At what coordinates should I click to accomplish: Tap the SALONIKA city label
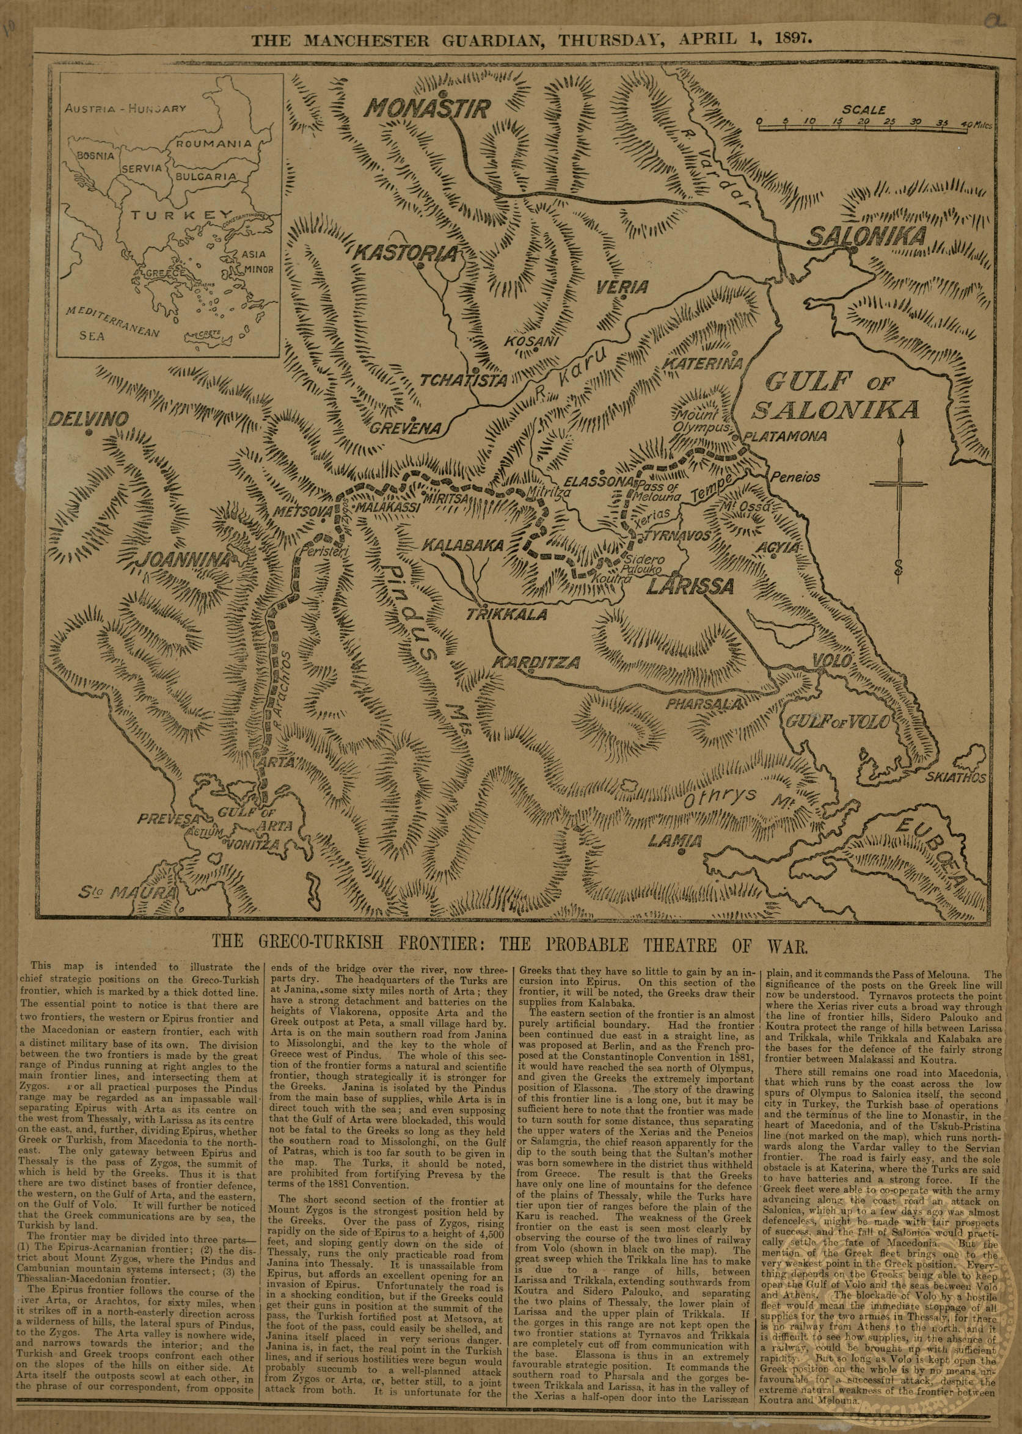click(867, 236)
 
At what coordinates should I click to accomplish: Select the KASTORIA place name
click(404, 253)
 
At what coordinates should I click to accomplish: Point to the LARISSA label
click(691, 586)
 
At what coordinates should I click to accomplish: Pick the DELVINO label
click(89, 419)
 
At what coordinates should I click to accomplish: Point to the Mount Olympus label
click(703, 421)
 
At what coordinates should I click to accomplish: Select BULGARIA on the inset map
click(206, 178)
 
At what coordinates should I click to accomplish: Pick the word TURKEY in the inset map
click(173, 216)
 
